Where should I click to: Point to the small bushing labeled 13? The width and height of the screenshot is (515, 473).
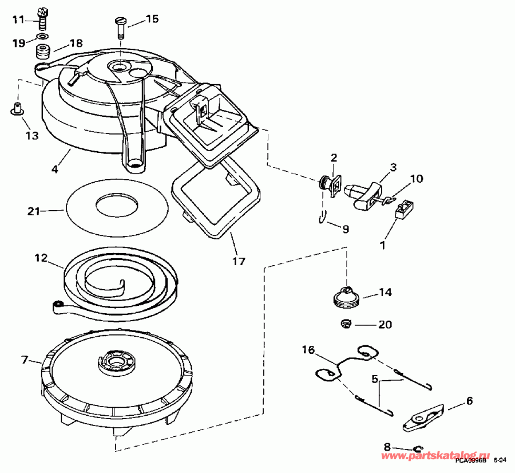coord(17,108)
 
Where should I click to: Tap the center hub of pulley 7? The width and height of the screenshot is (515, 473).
coord(119,362)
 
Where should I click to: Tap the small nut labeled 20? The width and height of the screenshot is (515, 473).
coord(346,324)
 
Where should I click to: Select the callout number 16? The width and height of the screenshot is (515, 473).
coord(308,350)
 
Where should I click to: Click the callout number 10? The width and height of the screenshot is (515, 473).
coord(416,179)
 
